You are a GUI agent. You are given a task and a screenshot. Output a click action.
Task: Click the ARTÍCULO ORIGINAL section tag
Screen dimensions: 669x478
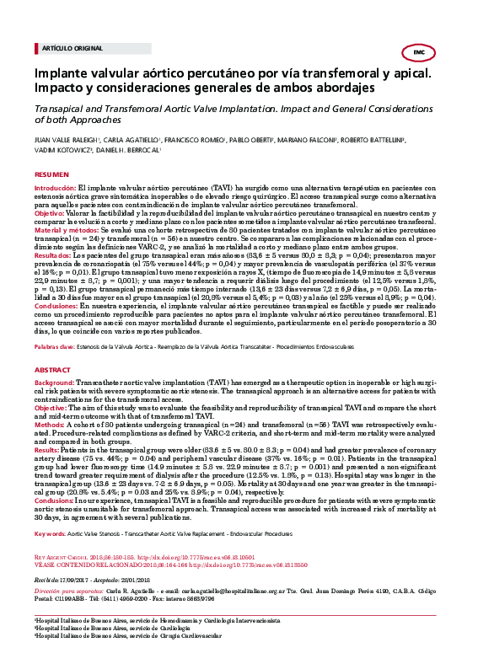67,48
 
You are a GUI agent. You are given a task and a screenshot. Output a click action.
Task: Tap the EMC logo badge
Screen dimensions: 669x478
419,53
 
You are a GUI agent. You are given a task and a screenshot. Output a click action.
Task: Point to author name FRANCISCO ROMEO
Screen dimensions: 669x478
189,139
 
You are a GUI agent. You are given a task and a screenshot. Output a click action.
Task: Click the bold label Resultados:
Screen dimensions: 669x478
53,255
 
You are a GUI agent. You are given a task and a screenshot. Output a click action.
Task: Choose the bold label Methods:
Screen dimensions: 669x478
48,404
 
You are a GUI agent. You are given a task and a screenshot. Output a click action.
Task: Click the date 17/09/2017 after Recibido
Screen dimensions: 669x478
78,533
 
